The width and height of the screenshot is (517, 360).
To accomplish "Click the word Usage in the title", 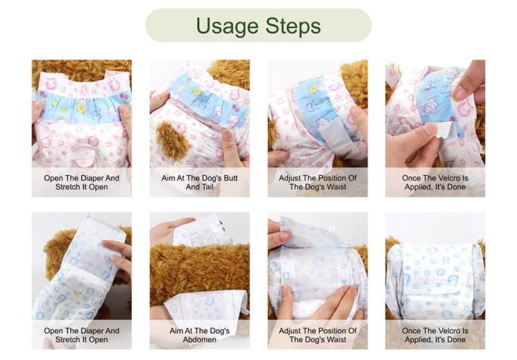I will (x=227, y=26).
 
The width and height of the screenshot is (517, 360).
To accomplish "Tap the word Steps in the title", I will (x=290, y=26).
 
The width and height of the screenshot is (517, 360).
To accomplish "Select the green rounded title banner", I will (x=258, y=26).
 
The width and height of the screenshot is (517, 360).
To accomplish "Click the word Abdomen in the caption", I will (x=200, y=340).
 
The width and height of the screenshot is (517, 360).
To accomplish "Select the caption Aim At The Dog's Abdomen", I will (x=200, y=335).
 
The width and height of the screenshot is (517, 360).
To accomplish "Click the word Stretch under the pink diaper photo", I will (x=68, y=187).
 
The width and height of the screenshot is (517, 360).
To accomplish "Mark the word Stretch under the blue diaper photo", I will (x=68, y=340).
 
